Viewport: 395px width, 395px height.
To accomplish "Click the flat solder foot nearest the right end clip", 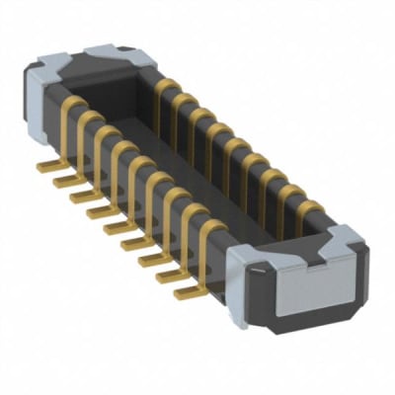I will tap(185, 292).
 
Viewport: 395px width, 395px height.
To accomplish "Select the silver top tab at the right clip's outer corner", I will tap(345, 238).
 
